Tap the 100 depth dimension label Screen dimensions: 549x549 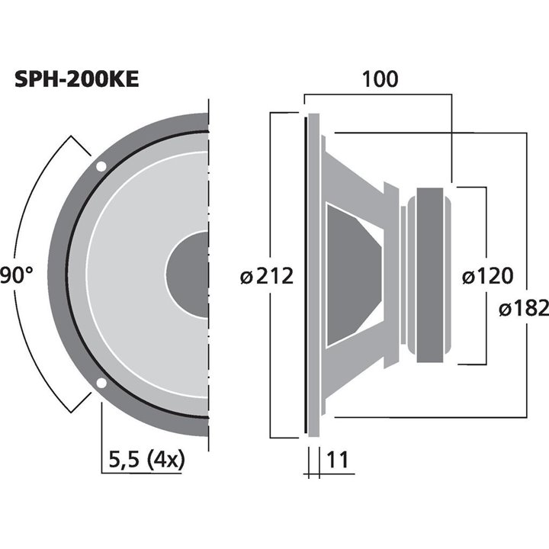pyautogui.click(x=379, y=79)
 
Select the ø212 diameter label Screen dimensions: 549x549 pyautogui.click(x=266, y=276)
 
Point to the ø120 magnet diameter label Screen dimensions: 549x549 pyautogui.click(x=487, y=276)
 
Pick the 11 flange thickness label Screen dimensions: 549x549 pyautogui.click(x=338, y=459)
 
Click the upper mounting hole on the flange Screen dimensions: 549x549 pyautogui.click(x=101, y=166)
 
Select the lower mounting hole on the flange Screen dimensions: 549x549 pyautogui.click(x=101, y=384)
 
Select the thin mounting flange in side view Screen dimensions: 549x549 pyautogui.click(x=311, y=275)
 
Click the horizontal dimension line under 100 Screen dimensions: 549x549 pyautogui.click(x=379, y=95)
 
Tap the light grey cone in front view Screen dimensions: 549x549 pyautogui.click(x=130, y=275)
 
